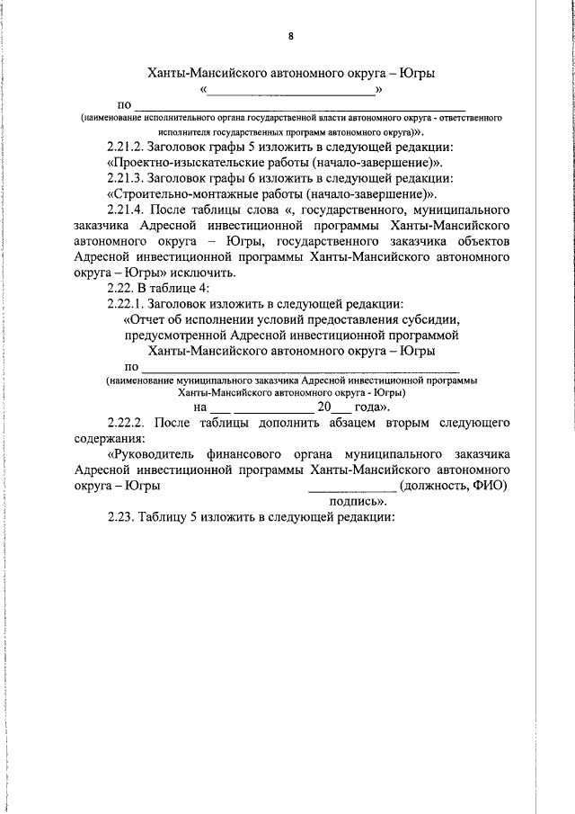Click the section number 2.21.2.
[x=129, y=148]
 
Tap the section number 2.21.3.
[x=129, y=178]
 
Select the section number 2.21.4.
[x=129, y=210]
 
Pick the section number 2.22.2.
[x=129, y=422]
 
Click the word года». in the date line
[x=371, y=407]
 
